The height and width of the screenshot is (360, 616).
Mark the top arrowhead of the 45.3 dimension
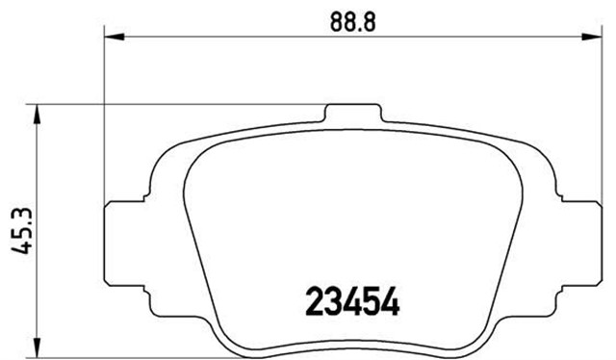[38, 110]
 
